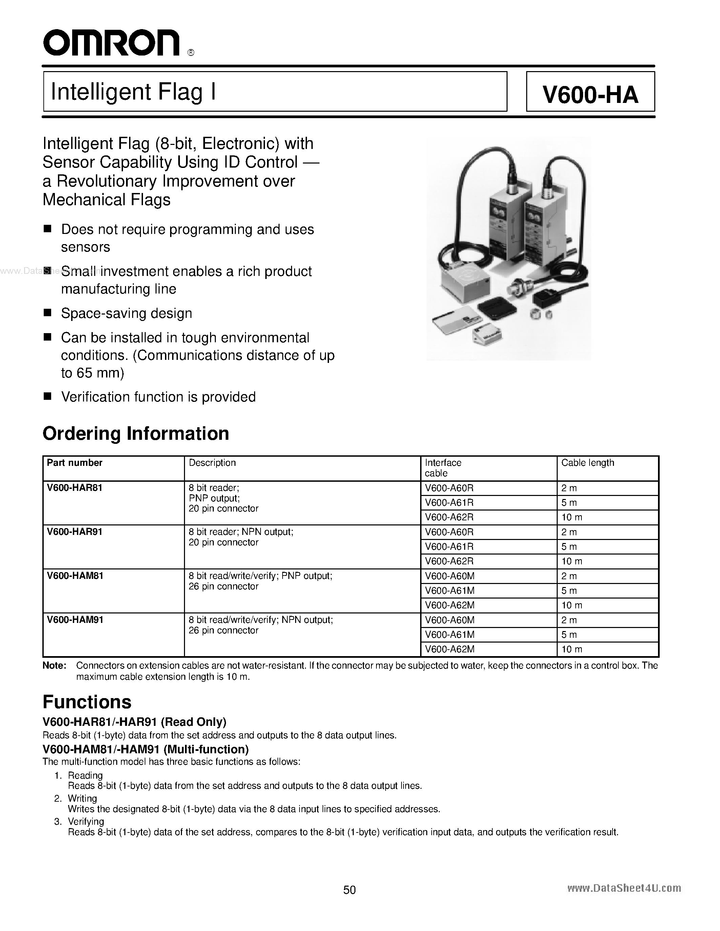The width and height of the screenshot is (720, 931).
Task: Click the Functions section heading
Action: pos(87,702)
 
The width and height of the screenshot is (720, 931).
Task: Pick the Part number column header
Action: pos(75,463)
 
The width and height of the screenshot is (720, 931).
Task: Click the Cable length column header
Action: pos(587,463)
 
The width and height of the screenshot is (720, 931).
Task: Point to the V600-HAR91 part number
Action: pos(75,532)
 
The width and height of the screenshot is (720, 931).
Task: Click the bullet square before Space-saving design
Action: pos(47,313)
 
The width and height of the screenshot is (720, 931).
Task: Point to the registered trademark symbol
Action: pos(191,53)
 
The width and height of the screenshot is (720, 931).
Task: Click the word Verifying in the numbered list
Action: pos(86,821)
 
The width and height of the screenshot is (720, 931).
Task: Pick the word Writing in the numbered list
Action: pos(82,798)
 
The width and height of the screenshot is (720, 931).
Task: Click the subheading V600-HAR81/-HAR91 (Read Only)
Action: pos(135,722)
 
